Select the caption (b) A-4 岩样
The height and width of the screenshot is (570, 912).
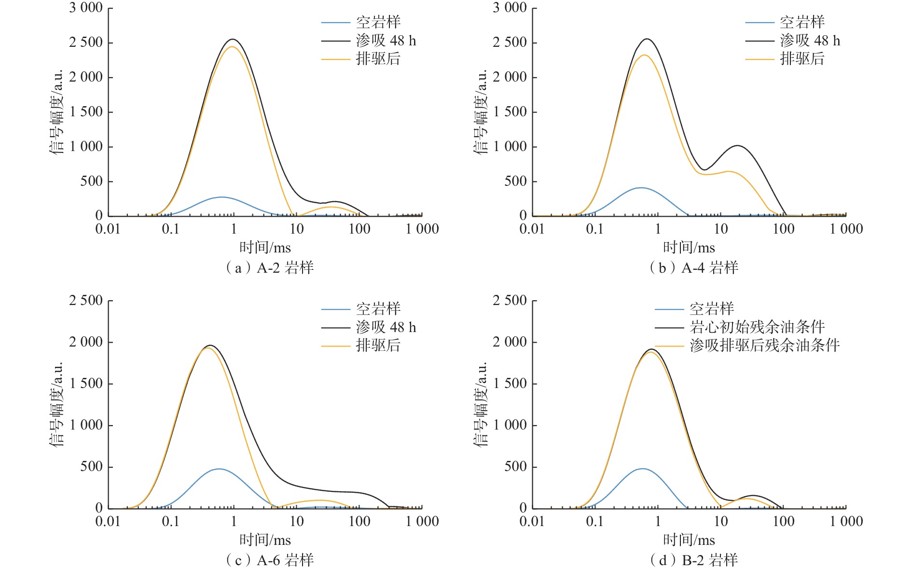pyautogui.click(x=694, y=268)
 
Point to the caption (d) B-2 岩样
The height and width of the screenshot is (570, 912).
pyautogui.click(x=694, y=560)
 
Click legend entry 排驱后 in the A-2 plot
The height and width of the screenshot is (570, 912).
pyautogui.click(x=378, y=59)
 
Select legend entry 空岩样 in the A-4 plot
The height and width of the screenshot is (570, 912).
pyautogui.click(x=802, y=22)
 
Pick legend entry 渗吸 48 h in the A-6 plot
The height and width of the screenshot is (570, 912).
pyautogui.click(x=386, y=327)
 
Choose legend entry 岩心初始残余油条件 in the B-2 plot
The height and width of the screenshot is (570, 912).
pyautogui.click(x=757, y=327)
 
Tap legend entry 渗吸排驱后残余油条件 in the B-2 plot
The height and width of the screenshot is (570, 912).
pyautogui.click(x=764, y=346)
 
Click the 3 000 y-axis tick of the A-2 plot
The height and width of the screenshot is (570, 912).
pyautogui.click(x=86, y=8)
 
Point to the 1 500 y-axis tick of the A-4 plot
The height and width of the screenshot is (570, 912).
pyautogui.click(x=510, y=112)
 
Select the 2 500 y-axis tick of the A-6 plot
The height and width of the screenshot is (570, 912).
pyautogui.click(x=86, y=301)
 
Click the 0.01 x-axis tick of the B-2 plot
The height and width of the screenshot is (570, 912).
pyautogui.click(x=532, y=522)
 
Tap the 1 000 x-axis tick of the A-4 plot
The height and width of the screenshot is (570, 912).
pyautogui.click(x=846, y=229)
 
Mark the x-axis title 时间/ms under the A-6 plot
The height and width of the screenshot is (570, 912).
pyautogui.click(x=265, y=540)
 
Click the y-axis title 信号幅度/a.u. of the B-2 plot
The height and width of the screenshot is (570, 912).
pyautogui.click(x=481, y=404)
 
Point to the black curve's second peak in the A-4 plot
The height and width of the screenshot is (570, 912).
pyautogui.click(x=737, y=145)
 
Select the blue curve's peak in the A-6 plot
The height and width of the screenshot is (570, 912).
pyautogui.click(x=219, y=469)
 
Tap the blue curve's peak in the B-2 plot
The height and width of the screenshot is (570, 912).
pyautogui.click(x=642, y=469)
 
